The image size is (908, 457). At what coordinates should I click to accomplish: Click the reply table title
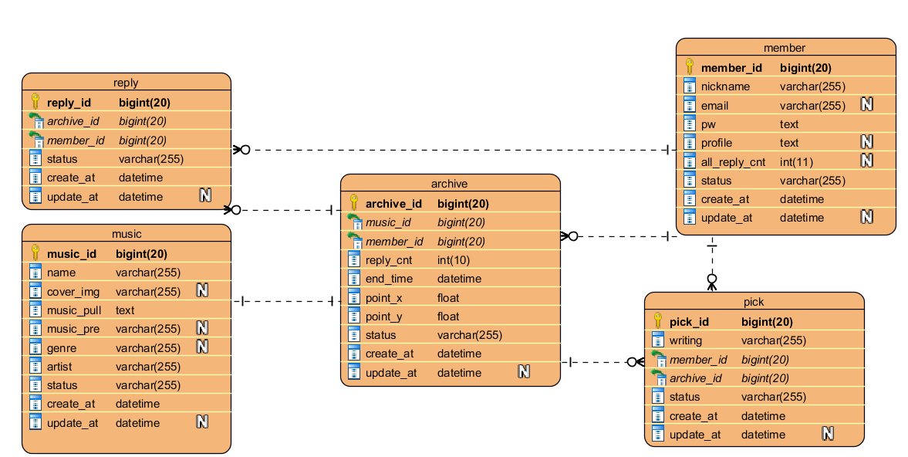(x=126, y=83)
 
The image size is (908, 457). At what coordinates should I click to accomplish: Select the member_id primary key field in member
(x=731, y=68)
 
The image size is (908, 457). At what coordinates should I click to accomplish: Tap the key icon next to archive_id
(x=354, y=203)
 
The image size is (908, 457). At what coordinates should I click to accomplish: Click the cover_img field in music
(x=73, y=292)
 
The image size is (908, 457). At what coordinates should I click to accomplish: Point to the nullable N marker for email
(x=866, y=105)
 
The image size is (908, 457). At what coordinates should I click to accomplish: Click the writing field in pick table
(x=685, y=340)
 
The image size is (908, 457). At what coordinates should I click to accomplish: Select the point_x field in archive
(x=383, y=298)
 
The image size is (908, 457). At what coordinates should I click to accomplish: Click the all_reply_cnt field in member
(x=733, y=161)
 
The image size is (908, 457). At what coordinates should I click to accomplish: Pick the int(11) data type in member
(x=796, y=161)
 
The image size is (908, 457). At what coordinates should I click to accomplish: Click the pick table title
(x=754, y=302)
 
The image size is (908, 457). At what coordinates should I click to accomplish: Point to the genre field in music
(x=62, y=348)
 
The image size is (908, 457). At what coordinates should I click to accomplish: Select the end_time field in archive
(x=389, y=279)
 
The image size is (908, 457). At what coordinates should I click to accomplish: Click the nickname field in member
(x=725, y=86)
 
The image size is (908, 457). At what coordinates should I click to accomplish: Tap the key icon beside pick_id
(x=658, y=321)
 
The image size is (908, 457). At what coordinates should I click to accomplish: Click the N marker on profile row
(x=866, y=142)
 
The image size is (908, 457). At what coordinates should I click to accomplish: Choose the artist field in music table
(x=61, y=367)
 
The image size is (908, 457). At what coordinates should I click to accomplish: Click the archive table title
(x=450, y=184)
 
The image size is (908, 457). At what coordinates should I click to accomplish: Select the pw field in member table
(x=708, y=124)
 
